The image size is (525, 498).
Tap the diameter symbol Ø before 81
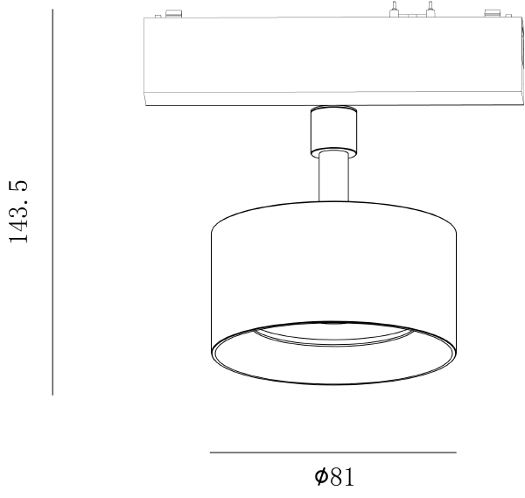coord(321,477)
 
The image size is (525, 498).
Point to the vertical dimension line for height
coord(53,201)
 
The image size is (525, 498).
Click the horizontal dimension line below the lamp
coord(332,452)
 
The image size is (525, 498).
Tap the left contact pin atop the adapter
coord(395,10)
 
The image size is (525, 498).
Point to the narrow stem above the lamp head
coord(332,179)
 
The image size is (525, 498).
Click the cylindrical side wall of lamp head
coord(332,271)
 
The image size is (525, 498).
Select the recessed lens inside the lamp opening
coord(332,337)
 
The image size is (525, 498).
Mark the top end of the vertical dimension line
coord(53,11)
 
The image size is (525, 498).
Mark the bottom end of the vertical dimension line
coord(53,395)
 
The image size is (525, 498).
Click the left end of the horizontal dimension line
coord(212,452)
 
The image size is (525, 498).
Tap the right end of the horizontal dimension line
coord(456,452)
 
